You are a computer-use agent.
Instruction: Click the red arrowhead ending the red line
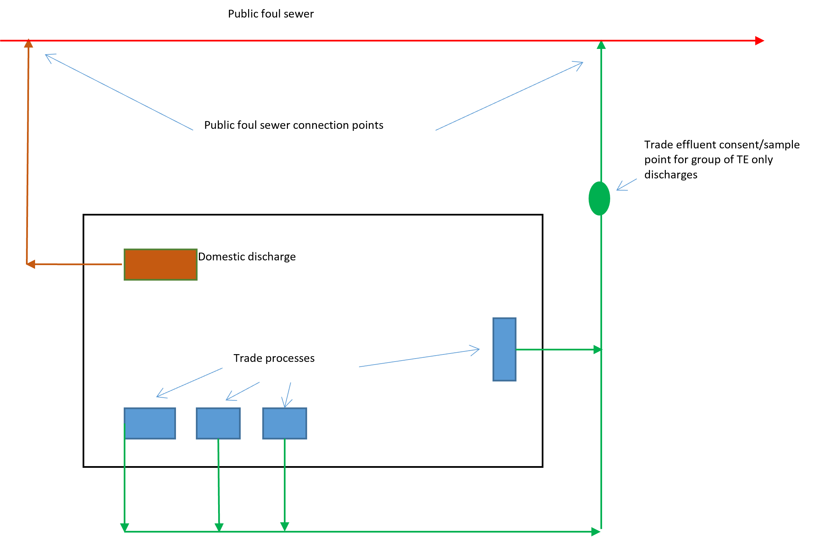point(760,41)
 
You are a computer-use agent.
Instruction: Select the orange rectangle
point(160,265)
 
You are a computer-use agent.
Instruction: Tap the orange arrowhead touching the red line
point(29,44)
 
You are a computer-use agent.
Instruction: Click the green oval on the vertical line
point(599,199)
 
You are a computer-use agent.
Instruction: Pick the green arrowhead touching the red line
point(601,45)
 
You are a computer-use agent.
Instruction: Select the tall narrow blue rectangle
point(504,349)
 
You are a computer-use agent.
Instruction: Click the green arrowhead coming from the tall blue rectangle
point(597,350)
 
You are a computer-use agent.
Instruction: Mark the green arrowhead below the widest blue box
point(125,527)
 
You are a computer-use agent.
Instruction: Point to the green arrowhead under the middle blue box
point(219,527)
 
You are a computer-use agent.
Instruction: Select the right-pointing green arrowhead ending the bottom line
point(596,532)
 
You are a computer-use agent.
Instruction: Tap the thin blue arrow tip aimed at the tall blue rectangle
point(479,349)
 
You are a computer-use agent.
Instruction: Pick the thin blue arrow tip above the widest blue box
point(157,397)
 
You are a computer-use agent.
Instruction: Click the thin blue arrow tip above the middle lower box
point(227,400)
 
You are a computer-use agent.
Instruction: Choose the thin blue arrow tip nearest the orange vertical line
point(46,55)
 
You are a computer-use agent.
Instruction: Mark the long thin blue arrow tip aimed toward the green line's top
point(583,63)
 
